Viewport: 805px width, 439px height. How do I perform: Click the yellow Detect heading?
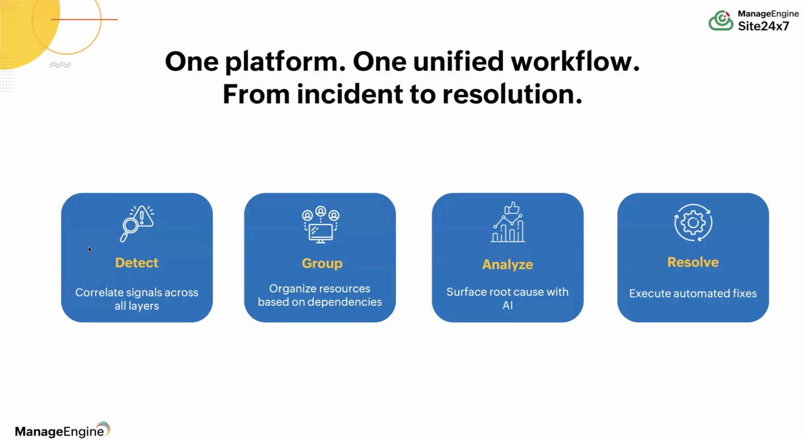[x=137, y=263]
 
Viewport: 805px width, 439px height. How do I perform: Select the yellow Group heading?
[x=322, y=264]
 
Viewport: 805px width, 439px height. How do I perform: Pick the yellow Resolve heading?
[x=693, y=262]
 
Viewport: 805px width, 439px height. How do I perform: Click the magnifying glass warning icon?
[x=137, y=224]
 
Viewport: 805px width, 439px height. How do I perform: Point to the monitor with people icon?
[x=321, y=225]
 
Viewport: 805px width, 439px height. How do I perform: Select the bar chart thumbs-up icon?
[x=508, y=222]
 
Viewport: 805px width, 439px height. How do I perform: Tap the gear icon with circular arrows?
[x=693, y=223]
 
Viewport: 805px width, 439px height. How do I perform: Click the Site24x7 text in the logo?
[x=764, y=26]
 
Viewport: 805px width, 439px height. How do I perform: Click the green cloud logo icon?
[x=721, y=21]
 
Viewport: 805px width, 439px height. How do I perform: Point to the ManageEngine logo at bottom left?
[x=62, y=430]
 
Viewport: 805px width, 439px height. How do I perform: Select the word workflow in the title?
[x=576, y=62]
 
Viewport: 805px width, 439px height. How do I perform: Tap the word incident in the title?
[x=350, y=94]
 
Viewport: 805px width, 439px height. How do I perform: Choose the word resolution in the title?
[x=512, y=94]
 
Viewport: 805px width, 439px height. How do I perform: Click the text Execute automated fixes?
[x=693, y=293]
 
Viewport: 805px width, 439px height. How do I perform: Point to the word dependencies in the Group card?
[x=345, y=302]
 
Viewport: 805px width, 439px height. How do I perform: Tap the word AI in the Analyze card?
[x=507, y=305]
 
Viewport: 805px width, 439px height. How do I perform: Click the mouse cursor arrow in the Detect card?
[x=90, y=250]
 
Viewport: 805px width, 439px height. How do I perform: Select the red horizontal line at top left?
[x=84, y=19]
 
